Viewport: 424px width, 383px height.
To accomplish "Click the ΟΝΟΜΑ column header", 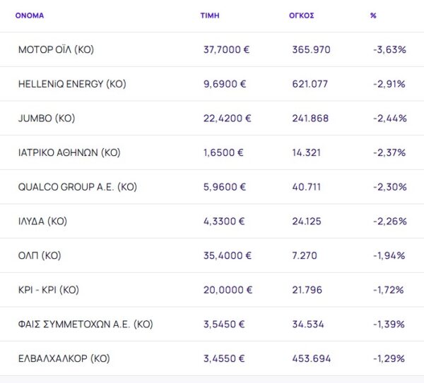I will point(29,15).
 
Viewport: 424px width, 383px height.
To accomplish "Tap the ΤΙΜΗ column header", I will point(209,15).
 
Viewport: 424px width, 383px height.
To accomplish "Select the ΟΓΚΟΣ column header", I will point(302,15).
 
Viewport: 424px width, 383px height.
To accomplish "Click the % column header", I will point(373,15).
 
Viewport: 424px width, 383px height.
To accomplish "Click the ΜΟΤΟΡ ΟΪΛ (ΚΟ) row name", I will point(57,50).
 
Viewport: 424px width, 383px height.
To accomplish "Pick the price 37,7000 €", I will point(227,50).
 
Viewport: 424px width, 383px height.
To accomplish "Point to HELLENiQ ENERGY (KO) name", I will point(72,84).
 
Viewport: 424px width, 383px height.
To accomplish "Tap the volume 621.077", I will point(310,84).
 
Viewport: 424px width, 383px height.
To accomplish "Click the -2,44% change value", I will point(389,118).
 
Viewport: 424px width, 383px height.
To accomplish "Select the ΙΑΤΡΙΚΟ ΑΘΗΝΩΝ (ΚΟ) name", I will point(69,152).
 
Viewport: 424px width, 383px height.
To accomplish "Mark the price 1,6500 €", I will point(224,152).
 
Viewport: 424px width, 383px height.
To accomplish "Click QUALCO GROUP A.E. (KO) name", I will point(78,187).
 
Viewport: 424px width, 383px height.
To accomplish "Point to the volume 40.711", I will point(307,187).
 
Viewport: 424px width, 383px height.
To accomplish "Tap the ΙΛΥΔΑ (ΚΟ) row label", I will point(42,221).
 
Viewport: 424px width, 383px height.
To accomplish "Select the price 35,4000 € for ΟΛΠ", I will point(227,255).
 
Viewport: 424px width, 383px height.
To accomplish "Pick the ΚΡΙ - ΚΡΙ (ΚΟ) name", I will point(49,290).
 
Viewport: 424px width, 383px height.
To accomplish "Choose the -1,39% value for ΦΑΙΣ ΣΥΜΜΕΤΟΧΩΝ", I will point(389,324).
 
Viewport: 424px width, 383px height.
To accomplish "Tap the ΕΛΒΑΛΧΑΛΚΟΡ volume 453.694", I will point(311,358).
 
